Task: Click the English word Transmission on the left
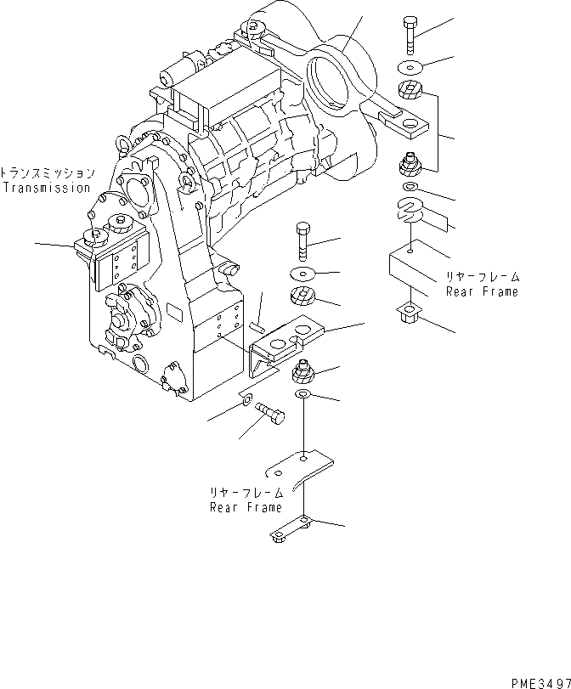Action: [46, 188]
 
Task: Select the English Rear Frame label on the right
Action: [482, 291]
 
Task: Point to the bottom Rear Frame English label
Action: [246, 507]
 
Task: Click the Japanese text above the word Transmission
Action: [47, 172]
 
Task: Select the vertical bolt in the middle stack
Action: [304, 241]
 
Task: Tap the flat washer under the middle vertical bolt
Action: [303, 274]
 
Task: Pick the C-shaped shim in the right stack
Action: [410, 209]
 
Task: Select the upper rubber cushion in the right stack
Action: [410, 91]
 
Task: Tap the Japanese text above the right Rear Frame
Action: [482, 277]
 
